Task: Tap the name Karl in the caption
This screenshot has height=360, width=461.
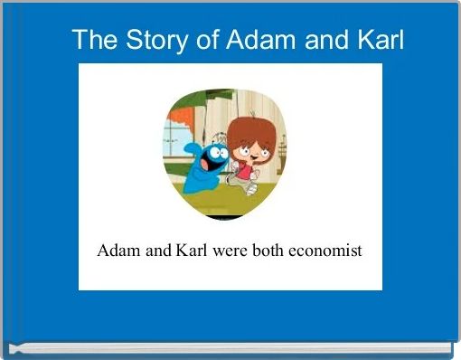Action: (x=192, y=251)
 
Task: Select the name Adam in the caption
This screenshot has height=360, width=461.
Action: (x=118, y=251)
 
